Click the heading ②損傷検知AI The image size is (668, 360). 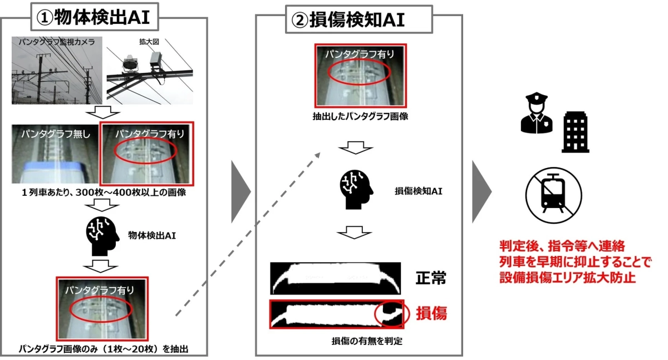(348, 20)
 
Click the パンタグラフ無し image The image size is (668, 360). (54, 154)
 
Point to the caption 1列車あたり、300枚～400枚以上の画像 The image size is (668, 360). (104, 193)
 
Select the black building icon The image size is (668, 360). (576, 131)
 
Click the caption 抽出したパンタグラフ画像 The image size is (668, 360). (361, 117)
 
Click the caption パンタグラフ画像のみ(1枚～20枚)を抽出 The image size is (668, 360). (104, 349)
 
